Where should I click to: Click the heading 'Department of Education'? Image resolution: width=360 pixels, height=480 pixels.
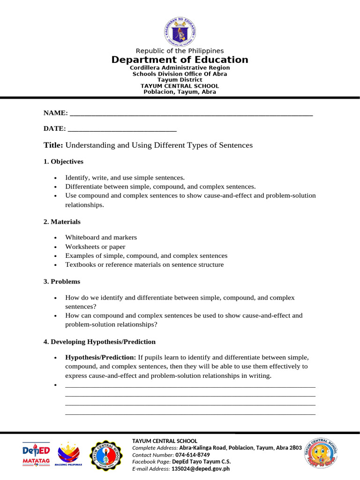(180, 60)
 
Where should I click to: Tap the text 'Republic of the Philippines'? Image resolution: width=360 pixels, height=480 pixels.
(180, 51)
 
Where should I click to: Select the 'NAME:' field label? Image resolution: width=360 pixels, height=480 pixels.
(55, 113)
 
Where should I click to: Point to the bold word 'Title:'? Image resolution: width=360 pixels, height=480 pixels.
(53, 145)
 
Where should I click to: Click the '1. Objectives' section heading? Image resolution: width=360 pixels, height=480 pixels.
(63, 162)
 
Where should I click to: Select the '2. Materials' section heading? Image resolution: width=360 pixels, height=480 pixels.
(62, 222)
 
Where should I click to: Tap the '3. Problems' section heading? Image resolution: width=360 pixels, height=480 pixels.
(62, 282)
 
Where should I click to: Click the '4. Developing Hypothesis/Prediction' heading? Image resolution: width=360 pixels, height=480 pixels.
(99, 342)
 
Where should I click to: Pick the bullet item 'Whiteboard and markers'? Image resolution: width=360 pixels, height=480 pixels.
(101, 238)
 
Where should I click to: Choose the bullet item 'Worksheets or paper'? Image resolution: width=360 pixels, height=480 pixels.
(95, 247)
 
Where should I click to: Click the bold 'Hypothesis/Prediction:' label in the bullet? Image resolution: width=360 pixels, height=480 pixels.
(100, 357)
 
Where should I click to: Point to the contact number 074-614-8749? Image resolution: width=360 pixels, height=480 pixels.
(193, 455)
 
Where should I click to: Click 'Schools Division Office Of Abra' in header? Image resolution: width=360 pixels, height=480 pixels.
(180, 74)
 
